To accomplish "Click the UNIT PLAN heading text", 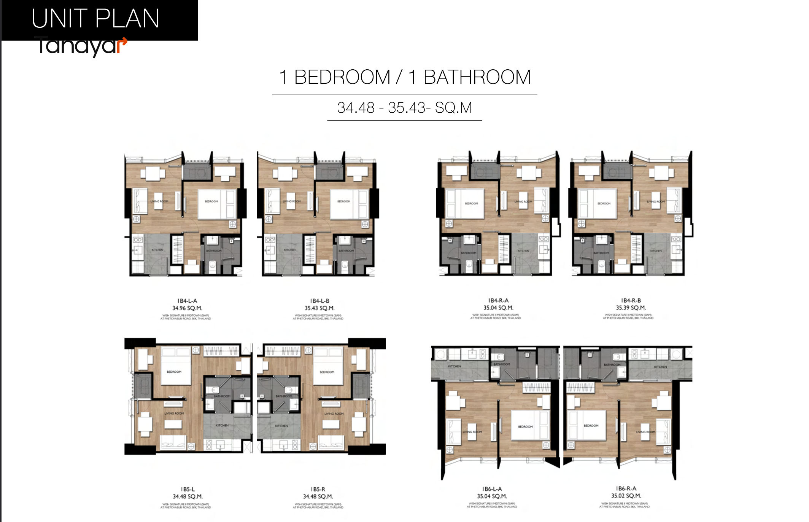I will tap(95, 19).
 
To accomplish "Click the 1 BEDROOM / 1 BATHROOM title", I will tap(405, 77).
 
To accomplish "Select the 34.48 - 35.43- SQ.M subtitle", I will tap(405, 108).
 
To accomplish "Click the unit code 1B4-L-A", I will tap(187, 301).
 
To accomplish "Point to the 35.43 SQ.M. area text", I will tap(319, 308).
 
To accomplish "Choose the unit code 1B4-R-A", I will tap(498, 300).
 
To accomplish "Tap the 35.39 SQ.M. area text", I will tap(631, 308).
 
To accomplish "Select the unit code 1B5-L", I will tap(188, 489).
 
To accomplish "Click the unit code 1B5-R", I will tap(318, 489).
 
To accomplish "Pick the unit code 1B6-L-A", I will tap(492, 489).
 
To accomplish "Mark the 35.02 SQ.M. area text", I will tap(626, 496).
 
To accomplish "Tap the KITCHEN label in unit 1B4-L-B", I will tap(290, 250).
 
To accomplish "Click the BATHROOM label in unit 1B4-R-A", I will tap(469, 253).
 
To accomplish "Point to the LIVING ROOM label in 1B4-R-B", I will tap(656, 201).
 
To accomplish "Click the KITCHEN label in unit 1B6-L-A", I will tap(455, 366).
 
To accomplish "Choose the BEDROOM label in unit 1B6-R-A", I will tap(591, 426).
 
